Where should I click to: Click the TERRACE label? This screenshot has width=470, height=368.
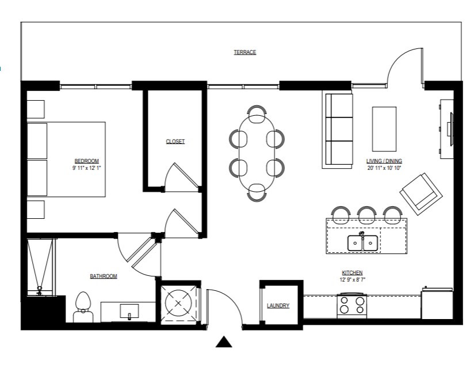tap(245, 52)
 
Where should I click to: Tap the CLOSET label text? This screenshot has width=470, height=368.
tap(175, 141)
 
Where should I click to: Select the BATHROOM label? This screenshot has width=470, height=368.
tap(104, 276)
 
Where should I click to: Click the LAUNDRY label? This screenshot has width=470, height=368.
tap(278, 306)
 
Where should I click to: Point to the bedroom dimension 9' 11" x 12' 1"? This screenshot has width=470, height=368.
tap(87, 168)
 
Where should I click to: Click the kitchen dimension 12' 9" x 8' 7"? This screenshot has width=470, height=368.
tap(352, 280)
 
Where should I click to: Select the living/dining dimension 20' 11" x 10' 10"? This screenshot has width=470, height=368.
tap(384, 168)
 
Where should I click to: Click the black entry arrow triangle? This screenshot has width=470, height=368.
tap(224, 342)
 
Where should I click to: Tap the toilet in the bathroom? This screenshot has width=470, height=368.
tap(83, 307)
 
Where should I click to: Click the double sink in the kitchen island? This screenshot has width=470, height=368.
tap(362, 242)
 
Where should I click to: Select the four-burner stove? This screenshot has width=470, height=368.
tap(352, 305)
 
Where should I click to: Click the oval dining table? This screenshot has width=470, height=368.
tap(257, 153)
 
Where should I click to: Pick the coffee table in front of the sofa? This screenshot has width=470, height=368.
tap(384, 129)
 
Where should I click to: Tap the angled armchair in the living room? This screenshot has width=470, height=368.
tap(421, 194)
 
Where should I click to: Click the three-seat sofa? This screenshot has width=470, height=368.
tap(338, 131)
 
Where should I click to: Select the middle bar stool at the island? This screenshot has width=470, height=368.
tap(367, 215)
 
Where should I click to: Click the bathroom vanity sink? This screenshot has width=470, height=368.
tap(129, 311)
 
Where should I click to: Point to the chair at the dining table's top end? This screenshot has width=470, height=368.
tap(257, 114)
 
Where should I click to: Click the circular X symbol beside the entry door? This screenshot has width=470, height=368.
tap(178, 303)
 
